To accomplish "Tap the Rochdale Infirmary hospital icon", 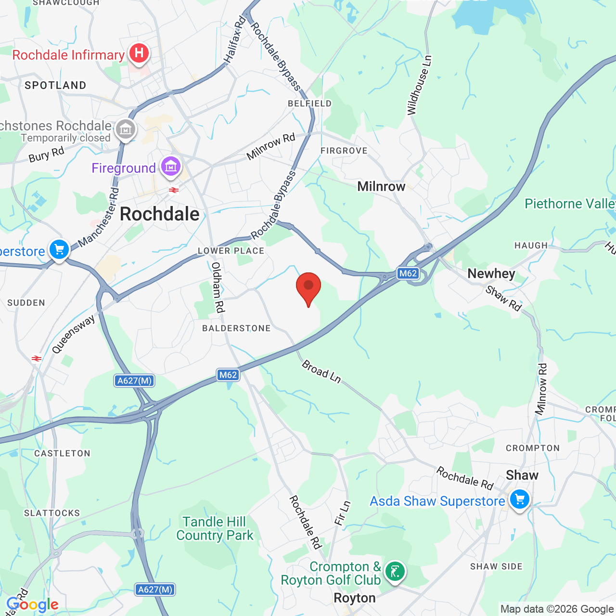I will [x=139, y=53].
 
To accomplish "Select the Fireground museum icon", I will [x=170, y=167].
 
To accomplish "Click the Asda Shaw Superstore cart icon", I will [x=519, y=500].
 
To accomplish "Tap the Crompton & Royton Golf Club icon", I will [x=395, y=572].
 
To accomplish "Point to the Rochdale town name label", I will [x=159, y=214].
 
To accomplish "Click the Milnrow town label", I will [x=381, y=186].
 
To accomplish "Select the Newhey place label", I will [x=491, y=273].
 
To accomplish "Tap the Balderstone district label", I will [x=236, y=328].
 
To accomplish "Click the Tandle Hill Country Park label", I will [x=215, y=528].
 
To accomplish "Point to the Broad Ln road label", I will [x=321, y=372].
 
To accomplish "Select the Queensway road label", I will [x=73, y=334].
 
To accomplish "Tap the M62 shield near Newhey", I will [x=408, y=273].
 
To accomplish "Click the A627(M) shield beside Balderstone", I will [x=135, y=381].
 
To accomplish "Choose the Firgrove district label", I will [x=344, y=151].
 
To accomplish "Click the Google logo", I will [x=33, y=604].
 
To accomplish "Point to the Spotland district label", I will [x=55, y=86].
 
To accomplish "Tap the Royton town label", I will [x=355, y=598].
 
